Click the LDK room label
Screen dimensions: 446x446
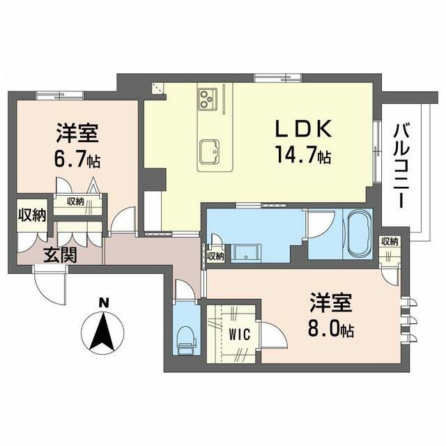click(303, 129)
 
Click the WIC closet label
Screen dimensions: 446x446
click(240, 334)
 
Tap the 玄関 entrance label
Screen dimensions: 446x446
click(61, 254)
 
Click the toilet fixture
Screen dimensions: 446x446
click(186, 341)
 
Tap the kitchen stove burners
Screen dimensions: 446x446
click(208, 98)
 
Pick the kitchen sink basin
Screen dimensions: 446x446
click(210, 152)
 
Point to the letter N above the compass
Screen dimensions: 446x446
click(104, 303)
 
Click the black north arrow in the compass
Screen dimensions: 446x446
click(102, 331)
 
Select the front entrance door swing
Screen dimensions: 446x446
click(50, 284)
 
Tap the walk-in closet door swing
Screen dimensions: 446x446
click(272, 335)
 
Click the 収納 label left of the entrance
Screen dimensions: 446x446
click(32, 215)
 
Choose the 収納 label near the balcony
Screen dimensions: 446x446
click(390, 242)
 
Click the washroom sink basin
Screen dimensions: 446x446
click(246, 253)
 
